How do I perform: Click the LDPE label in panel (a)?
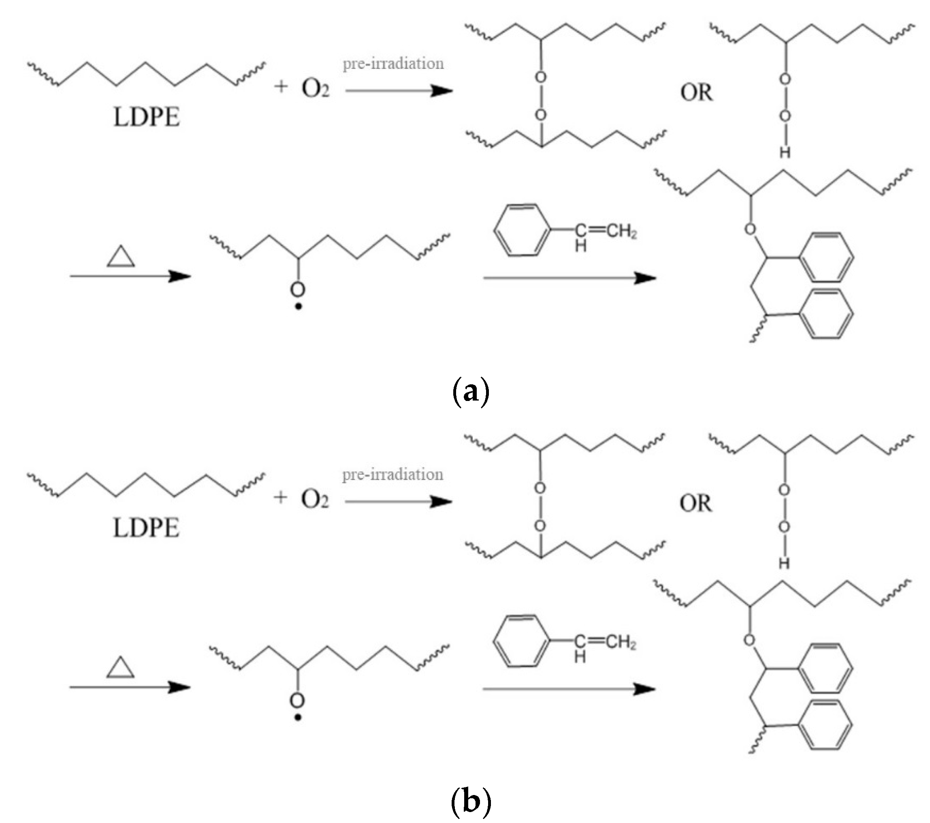pyautogui.click(x=147, y=117)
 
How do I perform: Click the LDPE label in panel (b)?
pyautogui.click(x=146, y=528)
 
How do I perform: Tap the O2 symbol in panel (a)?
pyautogui.click(x=315, y=88)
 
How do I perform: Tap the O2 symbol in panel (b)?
pyautogui.click(x=315, y=499)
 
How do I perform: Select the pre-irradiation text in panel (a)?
pyautogui.click(x=393, y=64)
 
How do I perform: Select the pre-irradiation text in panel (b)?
pyautogui.click(x=392, y=475)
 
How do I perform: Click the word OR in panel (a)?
pyautogui.click(x=696, y=93)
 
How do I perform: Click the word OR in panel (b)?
pyautogui.click(x=696, y=504)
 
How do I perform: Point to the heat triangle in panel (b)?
pyautogui.click(x=120, y=668)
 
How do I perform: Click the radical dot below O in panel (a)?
pyautogui.click(x=299, y=306)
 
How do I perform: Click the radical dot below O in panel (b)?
pyautogui.click(x=298, y=718)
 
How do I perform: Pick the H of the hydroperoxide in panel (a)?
pyautogui.click(x=785, y=152)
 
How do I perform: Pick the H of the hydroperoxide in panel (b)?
pyautogui.click(x=784, y=564)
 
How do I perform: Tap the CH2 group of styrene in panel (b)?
pyautogui.click(x=621, y=642)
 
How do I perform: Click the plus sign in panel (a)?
pyautogui.click(x=281, y=86)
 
